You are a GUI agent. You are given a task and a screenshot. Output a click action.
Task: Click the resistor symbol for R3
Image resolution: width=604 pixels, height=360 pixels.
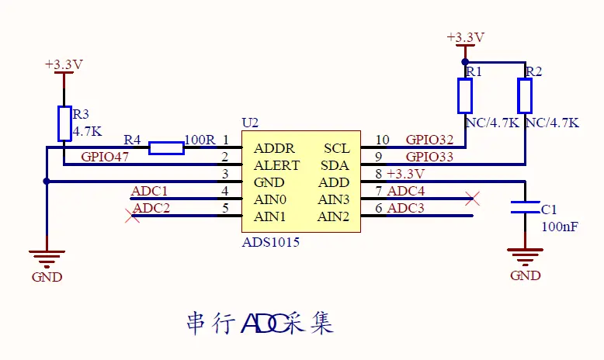(64, 123)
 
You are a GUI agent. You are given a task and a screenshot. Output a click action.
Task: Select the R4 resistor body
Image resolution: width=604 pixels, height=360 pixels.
(166, 147)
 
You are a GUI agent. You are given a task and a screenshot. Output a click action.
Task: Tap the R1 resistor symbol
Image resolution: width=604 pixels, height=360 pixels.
(465, 95)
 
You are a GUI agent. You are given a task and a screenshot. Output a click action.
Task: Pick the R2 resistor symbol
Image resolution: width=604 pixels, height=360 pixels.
(526, 95)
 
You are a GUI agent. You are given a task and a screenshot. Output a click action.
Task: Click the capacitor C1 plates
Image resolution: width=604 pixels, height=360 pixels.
(526, 206)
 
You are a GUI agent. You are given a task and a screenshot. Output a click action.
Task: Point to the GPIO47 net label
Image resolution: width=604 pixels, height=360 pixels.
(106, 157)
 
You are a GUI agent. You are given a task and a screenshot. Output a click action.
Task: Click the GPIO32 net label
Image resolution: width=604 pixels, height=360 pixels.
(429, 140)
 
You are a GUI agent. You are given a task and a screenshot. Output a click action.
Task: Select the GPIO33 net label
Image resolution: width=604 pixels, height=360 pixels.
(429, 157)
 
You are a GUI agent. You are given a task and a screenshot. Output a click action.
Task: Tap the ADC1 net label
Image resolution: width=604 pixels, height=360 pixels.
(150, 191)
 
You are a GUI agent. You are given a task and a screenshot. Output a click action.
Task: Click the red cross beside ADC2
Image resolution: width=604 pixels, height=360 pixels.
(133, 216)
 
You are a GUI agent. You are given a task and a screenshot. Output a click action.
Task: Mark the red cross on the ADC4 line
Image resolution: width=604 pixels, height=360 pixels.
(471, 199)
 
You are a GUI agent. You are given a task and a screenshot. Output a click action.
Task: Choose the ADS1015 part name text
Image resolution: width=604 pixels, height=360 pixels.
(271, 243)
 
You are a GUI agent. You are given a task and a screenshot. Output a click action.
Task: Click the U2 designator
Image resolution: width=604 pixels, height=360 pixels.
(250, 123)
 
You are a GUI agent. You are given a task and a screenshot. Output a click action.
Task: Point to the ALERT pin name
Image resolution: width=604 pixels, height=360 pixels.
(276, 165)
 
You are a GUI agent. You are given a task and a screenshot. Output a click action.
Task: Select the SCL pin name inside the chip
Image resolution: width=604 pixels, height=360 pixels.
(336, 148)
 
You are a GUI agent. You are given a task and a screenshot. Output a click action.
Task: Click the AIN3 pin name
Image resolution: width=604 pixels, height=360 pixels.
(333, 199)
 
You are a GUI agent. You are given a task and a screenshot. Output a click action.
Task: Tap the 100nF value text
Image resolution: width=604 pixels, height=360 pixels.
(559, 227)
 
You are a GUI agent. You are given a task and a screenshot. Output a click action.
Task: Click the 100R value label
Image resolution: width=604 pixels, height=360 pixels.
(200, 140)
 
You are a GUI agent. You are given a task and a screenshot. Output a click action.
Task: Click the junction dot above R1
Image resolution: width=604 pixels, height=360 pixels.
(465, 61)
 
